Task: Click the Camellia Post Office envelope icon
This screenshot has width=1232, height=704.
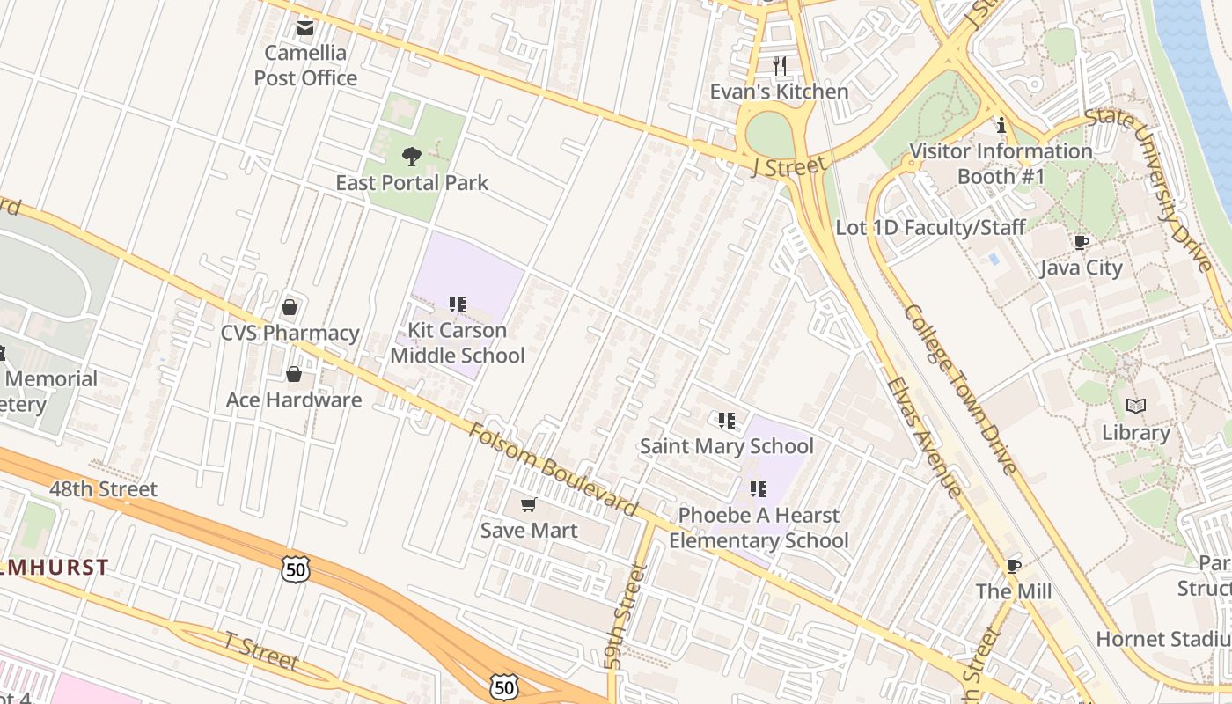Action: pyautogui.click(x=305, y=28)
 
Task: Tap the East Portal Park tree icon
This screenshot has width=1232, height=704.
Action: pyautogui.click(x=411, y=158)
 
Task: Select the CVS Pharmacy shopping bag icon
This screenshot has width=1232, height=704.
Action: pyautogui.click(x=289, y=307)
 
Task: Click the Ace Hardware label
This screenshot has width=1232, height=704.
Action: pyautogui.click(x=294, y=400)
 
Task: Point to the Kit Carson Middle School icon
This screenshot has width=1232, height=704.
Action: pyautogui.click(x=457, y=304)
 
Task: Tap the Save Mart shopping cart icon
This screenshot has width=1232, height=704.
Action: pyautogui.click(x=528, y=504)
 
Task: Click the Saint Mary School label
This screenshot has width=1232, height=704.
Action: pyautogui.click(x=726, y=446)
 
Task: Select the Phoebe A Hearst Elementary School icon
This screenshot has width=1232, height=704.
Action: pyautogui.click(x=758, y=488)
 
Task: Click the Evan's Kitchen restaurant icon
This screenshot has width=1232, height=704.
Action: pyautogui.click(x=779, y=65)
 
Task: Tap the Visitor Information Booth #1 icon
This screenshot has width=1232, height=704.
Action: pyautogui.click(x=1001, y=126)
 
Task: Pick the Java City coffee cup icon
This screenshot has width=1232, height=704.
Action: pyautogui.click(x=1081, y=242)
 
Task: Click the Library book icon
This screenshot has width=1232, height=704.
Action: pyautogui.click(x=1136, y=407)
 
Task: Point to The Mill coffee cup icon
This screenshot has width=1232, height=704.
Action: pyautogui.click(x=1013, y=565)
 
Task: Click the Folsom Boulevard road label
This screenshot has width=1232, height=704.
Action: pyautogui.click(x=553, y=470)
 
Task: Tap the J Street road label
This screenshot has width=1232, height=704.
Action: pyautogui.click(x=789, y=165)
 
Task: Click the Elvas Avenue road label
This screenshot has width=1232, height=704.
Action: pyautogui.click(x=924, y=437)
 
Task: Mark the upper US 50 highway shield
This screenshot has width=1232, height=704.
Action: pyautogui.click(x=296, y=568)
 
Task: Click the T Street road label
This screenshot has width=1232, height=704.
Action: pyautogui.click(x=261, y=651)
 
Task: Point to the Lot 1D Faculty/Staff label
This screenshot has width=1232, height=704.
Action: pyautogui.click(x=930, y=228)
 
